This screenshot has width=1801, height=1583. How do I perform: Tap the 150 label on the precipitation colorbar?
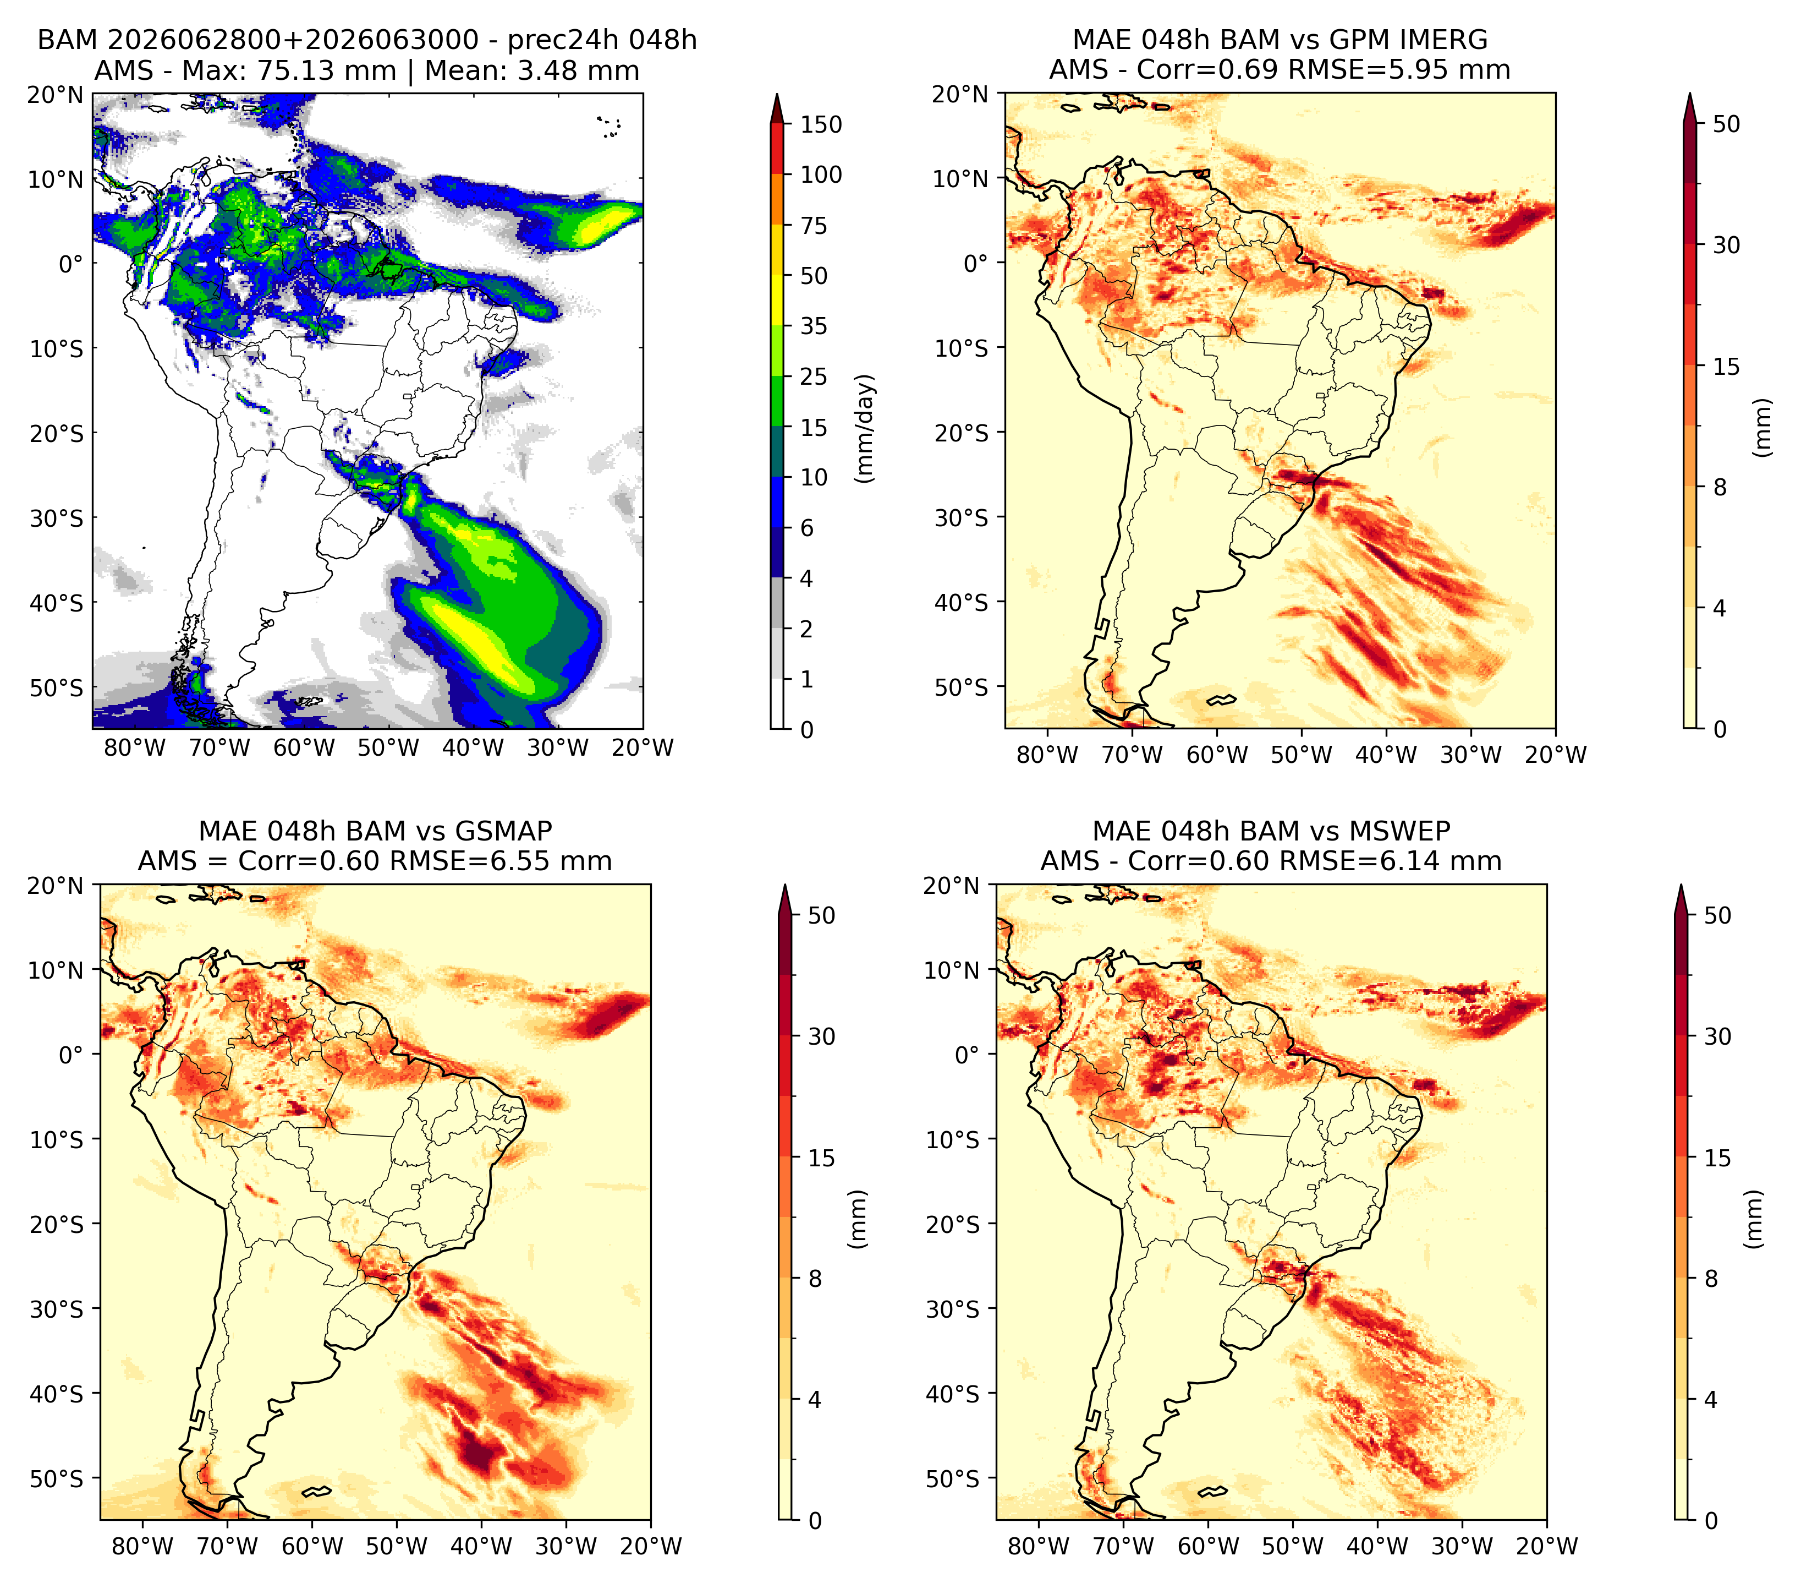tap(820, 124)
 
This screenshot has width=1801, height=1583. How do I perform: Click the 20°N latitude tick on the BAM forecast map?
tap(56, 94)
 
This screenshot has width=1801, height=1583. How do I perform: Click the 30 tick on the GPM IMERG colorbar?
tap(1726, 245)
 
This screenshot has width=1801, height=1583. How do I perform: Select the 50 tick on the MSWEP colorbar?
tap(1717, 915)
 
